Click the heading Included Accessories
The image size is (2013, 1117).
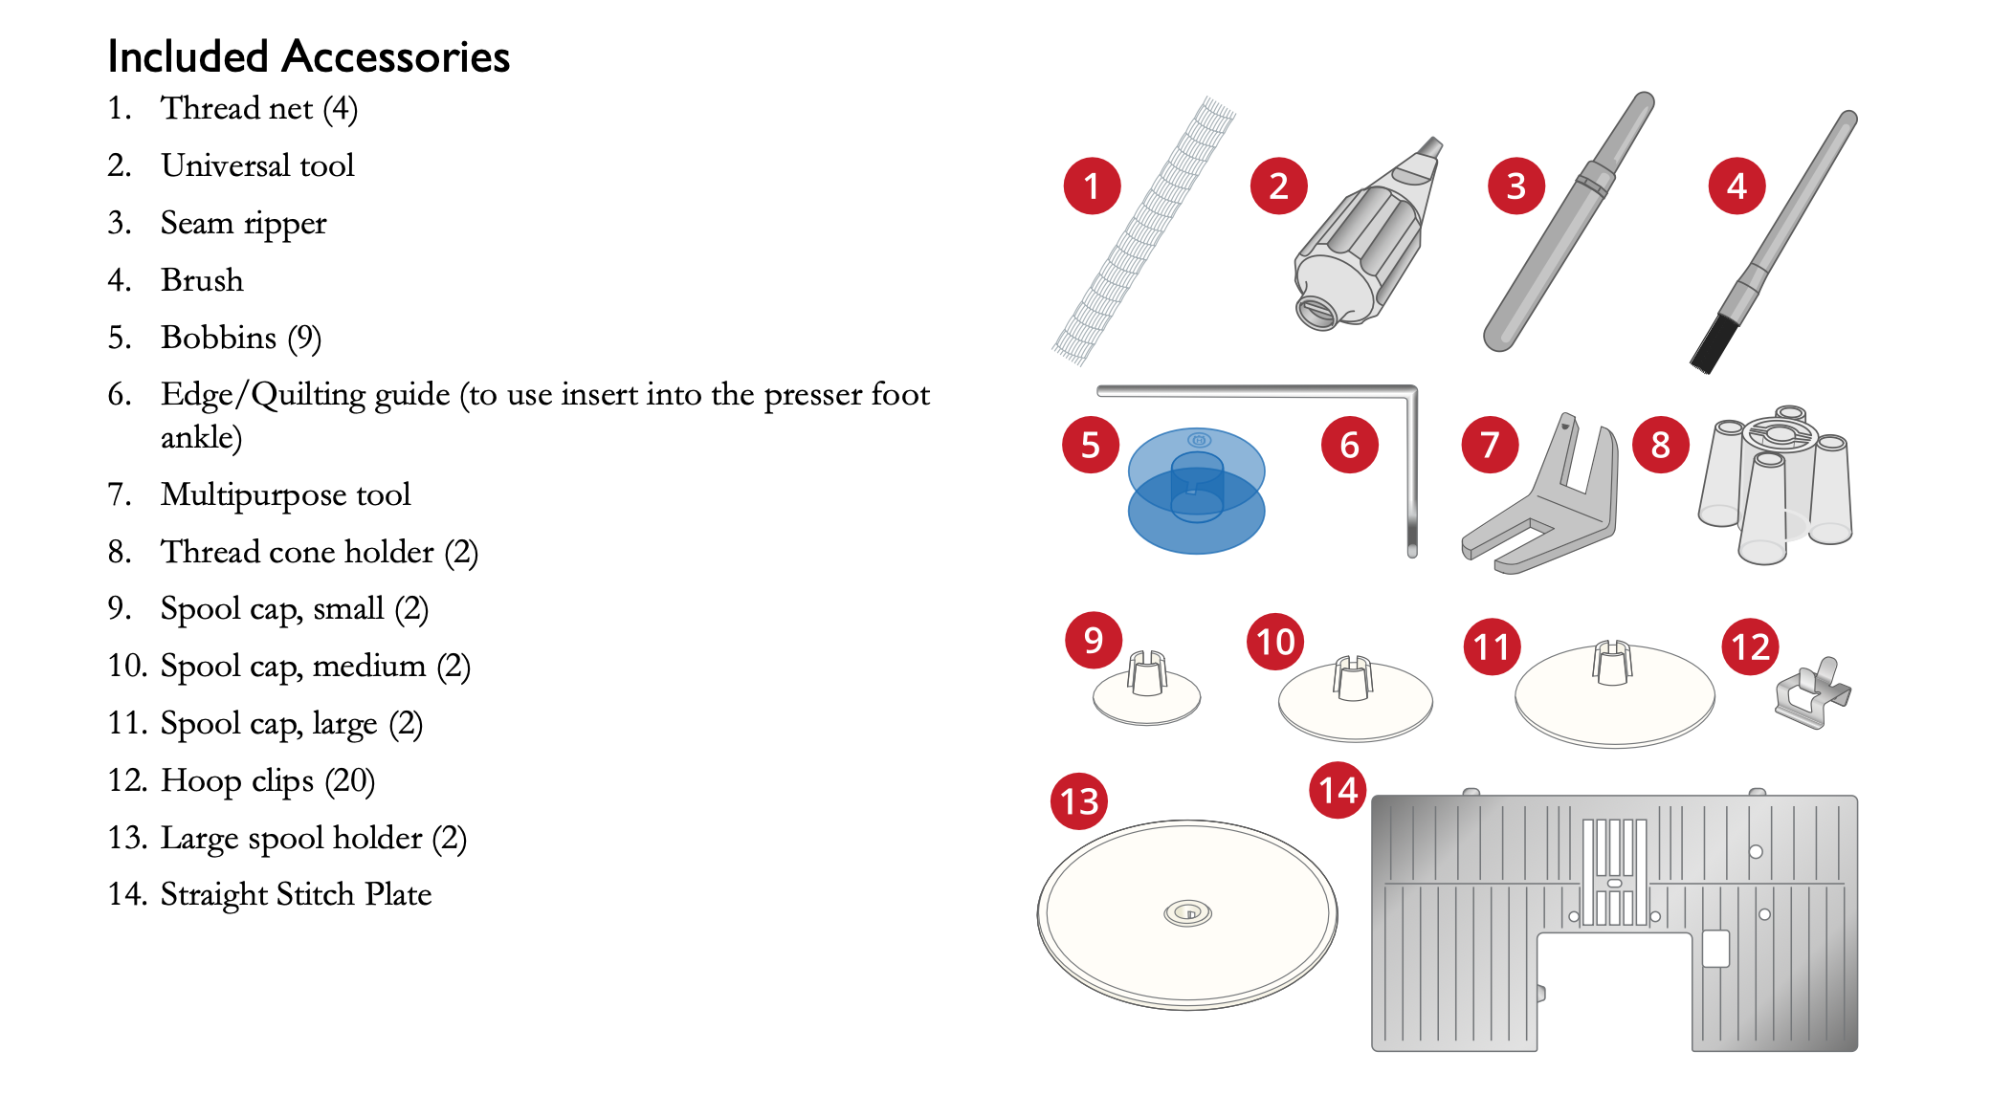click(x=308, y=56)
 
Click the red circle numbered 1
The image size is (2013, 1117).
click(x=1092, y=186)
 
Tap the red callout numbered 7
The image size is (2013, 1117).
click(x=1490, y=445)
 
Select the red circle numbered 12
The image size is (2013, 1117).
click(x=1750, y=646)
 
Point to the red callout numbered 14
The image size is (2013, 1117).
click(x=1338, y=790)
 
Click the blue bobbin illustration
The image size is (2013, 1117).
click(x=1196, y=491)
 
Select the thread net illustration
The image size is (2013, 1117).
click(x=1143, y=230)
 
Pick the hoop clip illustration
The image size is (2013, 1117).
click(x=1812, y=694)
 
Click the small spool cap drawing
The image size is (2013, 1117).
click(x=1146, y=690)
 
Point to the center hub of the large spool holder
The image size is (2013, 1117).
click(x=1187, y=912)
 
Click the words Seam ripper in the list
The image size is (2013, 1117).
click(x=243, y=224)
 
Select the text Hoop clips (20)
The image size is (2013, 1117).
click(x=267, y=781)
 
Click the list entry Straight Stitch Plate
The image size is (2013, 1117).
click(x=296, y=894)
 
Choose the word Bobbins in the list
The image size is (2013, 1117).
click(x=218, y=338)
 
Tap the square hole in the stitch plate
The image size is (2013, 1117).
click(x=1715, y=949)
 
